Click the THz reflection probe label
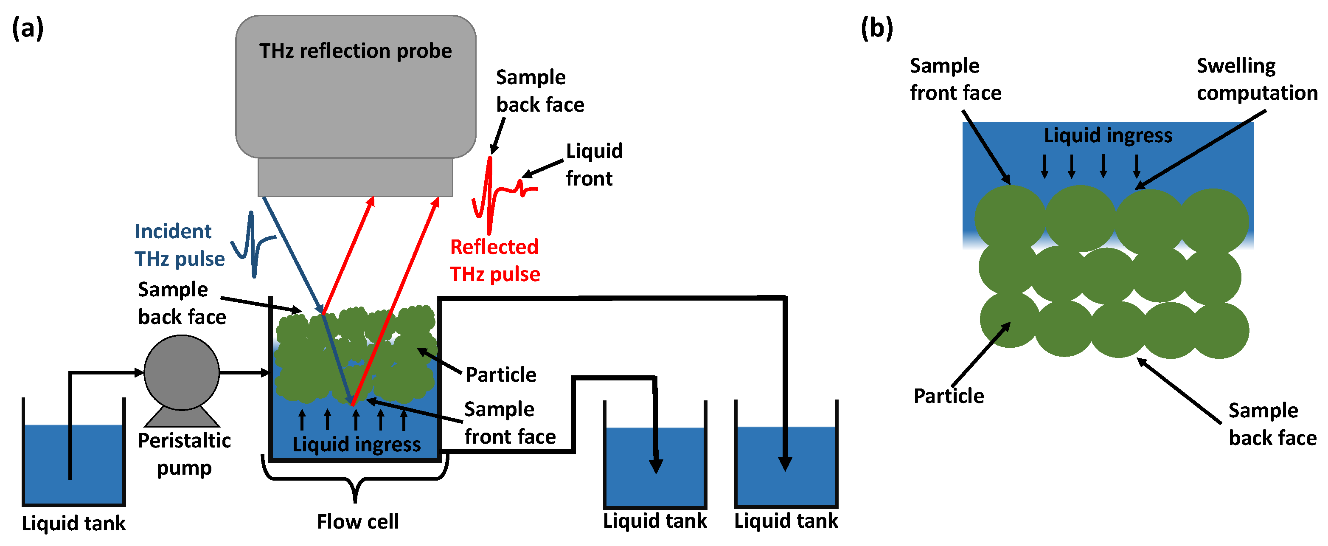[x=355, y=51]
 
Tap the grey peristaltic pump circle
[x=182, y=372]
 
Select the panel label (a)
[x=28, y=28]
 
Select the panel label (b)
[x=876, y=28]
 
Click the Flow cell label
[x=358, y=521]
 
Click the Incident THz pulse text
[x=179, y=245]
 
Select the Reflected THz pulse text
[x=495, y=260]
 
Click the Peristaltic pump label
[x=184, y=454]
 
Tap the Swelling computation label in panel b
[x=1256, y=79]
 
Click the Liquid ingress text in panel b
[x=1108, y=135]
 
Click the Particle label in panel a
[x=500, y=374]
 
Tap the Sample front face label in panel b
[x=955, y=79]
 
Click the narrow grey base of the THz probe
[x=355, y=177]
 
